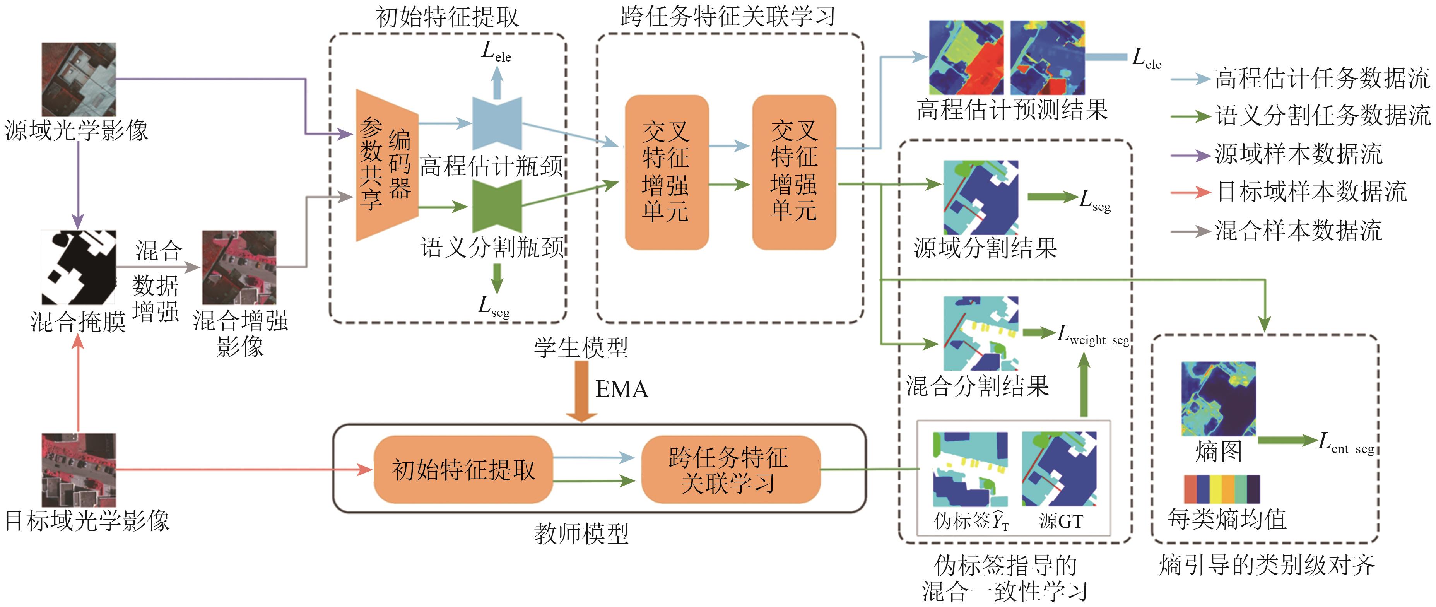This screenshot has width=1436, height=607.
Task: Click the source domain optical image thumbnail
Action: (x=79, y=79)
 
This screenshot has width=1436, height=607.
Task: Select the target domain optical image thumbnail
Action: (x=79, y=469)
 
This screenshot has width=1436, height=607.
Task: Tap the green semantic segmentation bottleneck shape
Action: (x=497, y=206)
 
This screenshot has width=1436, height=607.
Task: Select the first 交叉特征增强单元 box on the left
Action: (x=667, y=172)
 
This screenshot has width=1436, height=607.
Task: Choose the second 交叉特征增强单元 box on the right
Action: (x=794, y=172)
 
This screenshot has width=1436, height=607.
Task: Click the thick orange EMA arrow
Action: (x=581, y=390)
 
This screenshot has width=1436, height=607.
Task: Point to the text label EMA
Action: (x=622, y=389)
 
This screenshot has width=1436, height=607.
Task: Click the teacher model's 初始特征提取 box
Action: (x=463, y=469)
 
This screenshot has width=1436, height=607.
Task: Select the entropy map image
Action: (x=1218, y=398)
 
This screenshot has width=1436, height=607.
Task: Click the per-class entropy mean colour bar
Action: (x=1221, y=489)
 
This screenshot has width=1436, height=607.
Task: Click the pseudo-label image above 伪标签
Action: (x=970, y=468)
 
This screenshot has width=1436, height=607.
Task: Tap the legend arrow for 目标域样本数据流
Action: (x=1190, y=192)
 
